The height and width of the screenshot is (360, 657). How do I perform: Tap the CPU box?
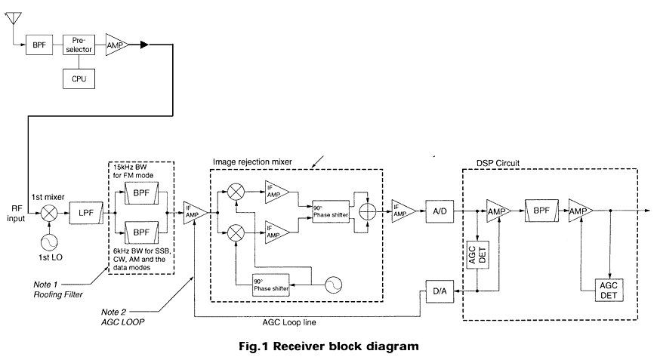78,77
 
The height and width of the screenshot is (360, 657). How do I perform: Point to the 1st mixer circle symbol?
49,214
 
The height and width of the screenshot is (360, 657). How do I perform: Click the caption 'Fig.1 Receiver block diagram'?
328,346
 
